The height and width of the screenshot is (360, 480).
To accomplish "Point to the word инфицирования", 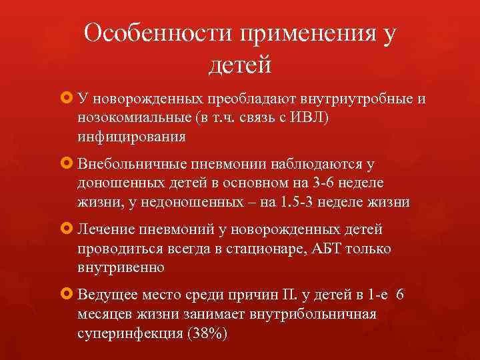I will (131, 137).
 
